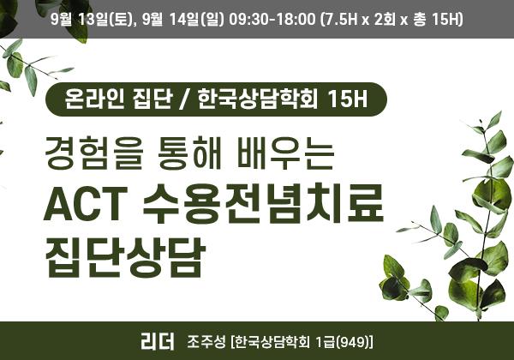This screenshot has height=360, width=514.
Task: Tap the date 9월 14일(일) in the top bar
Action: tap(183, 20)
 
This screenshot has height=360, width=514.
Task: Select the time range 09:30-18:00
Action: tap(272, 20)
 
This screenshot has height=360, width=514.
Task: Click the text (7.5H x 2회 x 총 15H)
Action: tap(392, 20)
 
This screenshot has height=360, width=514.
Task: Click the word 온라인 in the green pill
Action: tap(94, 99)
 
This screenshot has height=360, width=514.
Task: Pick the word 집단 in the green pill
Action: tap(152, 99)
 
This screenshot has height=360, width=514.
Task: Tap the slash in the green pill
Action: tap(185, 99)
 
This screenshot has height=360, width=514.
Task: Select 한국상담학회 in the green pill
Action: tap(258, 99)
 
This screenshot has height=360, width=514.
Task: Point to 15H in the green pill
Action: tap(347, 99)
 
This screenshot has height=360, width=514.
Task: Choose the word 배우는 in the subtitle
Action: tap(285, 153)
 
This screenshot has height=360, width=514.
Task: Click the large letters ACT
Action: tap(86, 204)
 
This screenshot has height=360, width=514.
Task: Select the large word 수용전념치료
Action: tap(263, 203)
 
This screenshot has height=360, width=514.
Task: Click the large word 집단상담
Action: tap(125, 256)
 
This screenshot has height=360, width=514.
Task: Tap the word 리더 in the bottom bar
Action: tap(158, 341)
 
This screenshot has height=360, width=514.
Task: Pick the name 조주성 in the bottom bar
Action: tap(206, 342)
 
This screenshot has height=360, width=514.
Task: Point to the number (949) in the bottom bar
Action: tap(353, 342)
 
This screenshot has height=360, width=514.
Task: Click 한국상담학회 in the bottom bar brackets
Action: tap(272, 342)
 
